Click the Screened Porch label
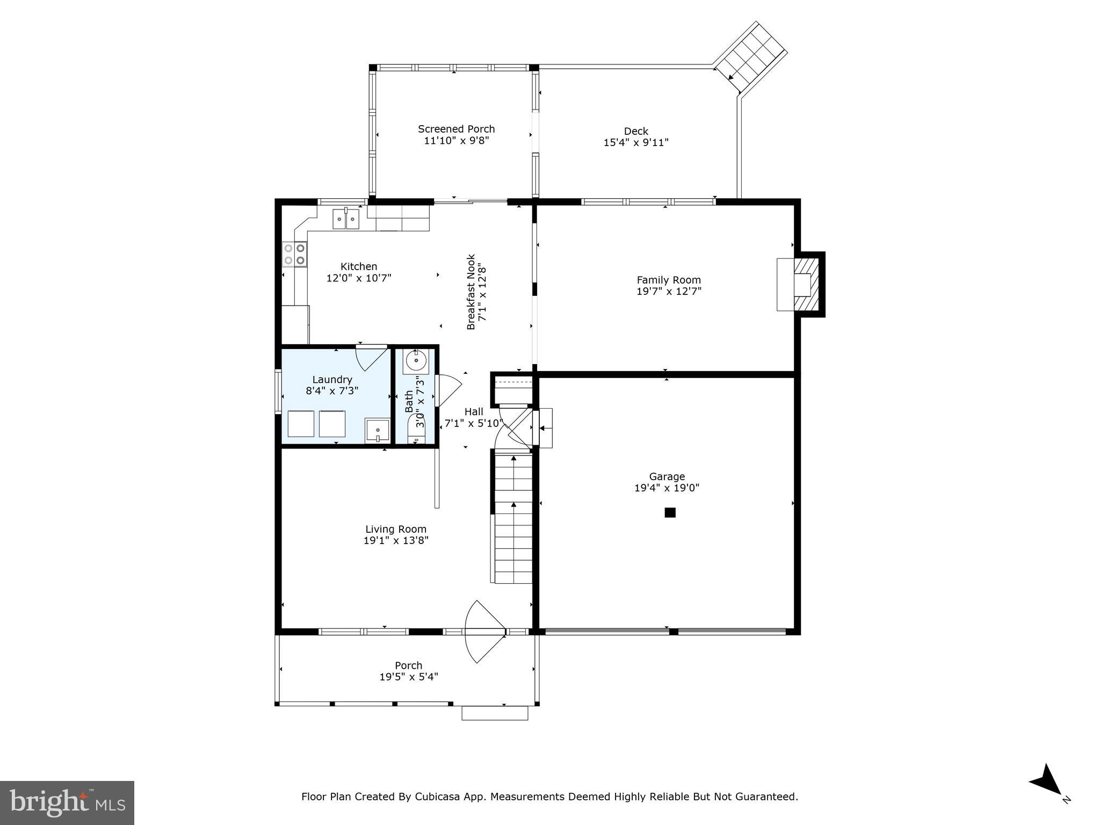pyautogui.click(x=456, y=129)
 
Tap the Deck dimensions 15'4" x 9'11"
pyautogui.click(x=636, y=143)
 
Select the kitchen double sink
pyautogui.click(x=346, y=219)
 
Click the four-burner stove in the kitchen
pyautogui.click(x=294, y=255)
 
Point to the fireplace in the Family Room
pyautogui.click(x=801, y=284)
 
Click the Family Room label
pyautogui.click(x=669, y=280)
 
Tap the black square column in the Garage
pyautogui.click(x=670, y=512)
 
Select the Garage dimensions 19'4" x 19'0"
pyautogui.click(x=667, y=488)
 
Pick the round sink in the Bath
pyautogui.click(x=416, y=360)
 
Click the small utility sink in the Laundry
pyautogui.click(x=378, y=430)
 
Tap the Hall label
pyautogui.click(x=474, y=412)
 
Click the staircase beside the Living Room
pyautogui.click(x=513, y=518)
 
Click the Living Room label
pyautogui.click(x=396, y=529)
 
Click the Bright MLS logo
pyautogui.click(x=67, y=803)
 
